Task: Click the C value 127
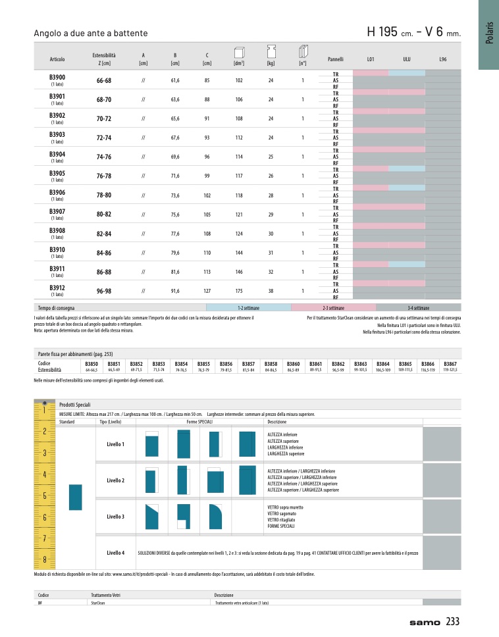coord(207,291)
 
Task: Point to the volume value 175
coord(238,291)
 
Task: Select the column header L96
coord(442,59)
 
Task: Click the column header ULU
coord(406,59)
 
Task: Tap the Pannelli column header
coord(336,59)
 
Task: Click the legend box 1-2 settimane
coord(248,307)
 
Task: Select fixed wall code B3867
coord(450,363)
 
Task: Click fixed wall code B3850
coord(92,363)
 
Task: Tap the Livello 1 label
coord(115,444)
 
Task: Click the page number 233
coord(452,621)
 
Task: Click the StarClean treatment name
coord(99,602)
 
